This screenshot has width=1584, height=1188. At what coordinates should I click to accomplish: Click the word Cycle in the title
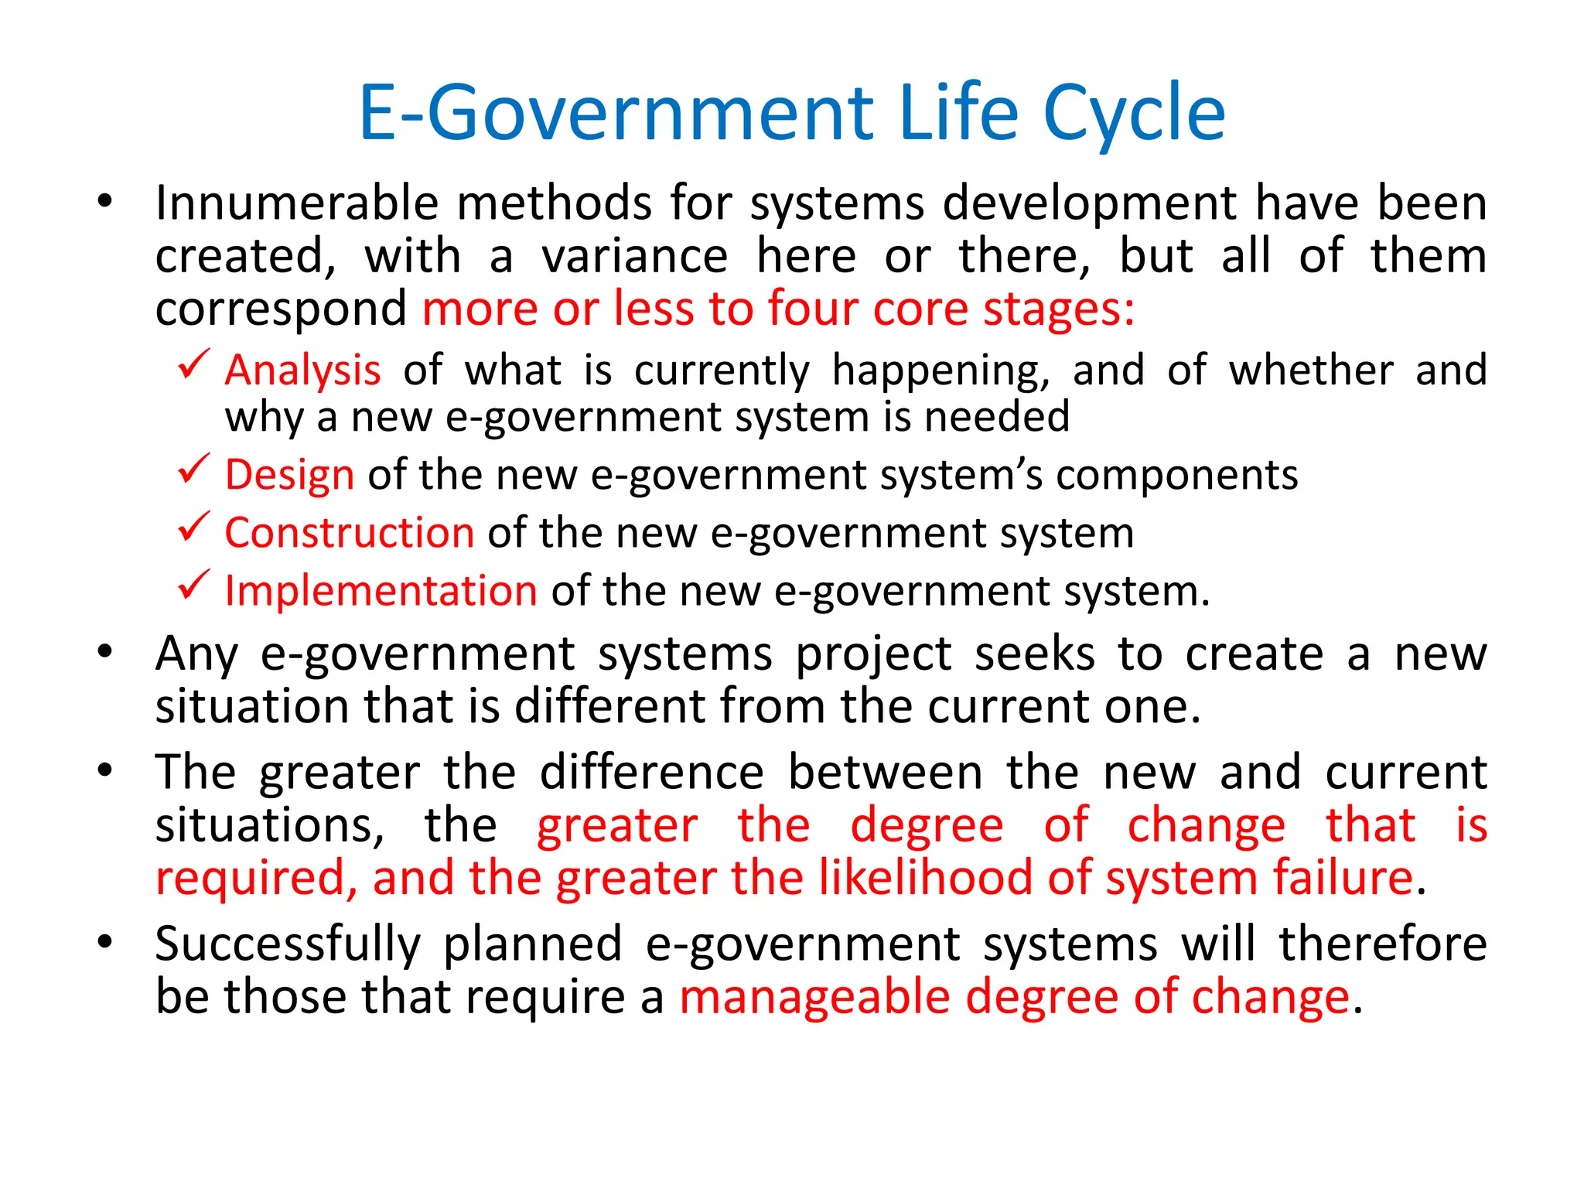[x=1134, y=114]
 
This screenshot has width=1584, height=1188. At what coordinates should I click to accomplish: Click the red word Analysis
[x=302, y=370]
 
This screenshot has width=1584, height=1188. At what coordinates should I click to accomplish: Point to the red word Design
[x=289, y=474]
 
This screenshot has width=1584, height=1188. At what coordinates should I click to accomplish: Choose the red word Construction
[x=350, y=533]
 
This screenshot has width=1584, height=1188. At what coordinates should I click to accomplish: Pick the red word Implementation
[x=381, y=591]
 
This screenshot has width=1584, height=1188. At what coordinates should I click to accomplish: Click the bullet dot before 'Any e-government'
[x=105, y=652]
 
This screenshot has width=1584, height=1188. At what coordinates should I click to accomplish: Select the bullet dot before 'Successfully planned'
[x=105, y=941]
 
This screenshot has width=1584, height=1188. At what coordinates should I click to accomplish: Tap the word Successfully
[x=288, y=944]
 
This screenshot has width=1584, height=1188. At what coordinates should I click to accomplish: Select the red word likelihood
[x=927, y=878]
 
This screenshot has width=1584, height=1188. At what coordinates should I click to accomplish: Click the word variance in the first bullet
[x=634, y=257]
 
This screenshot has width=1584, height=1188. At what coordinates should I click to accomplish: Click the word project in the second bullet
[x=873, y=655]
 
